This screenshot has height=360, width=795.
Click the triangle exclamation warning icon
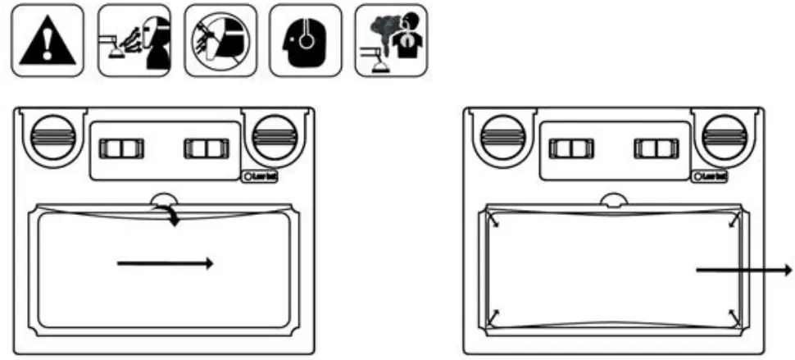(47, 40)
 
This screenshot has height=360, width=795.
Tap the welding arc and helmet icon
(133, 40)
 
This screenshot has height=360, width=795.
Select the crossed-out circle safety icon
(220, 40)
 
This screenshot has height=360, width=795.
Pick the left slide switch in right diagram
(570, 148)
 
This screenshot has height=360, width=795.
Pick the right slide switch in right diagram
(655, 148)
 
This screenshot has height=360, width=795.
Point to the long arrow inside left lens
(166, 263)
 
